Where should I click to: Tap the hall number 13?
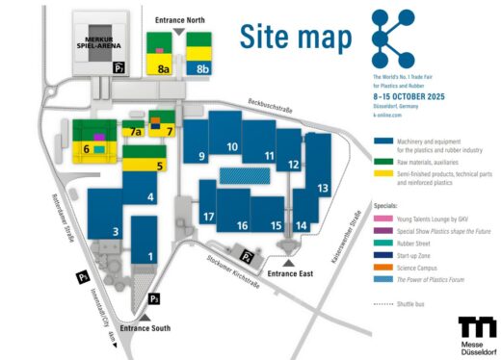tap(324, 188)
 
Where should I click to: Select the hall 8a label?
tap(164, 69)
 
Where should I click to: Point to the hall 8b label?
tap(202, 69)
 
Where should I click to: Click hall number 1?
tap(149, 256)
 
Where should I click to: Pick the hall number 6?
tap(86, 149)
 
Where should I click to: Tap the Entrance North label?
tap(178, 19)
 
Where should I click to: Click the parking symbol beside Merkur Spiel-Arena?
tap(119, 68)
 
